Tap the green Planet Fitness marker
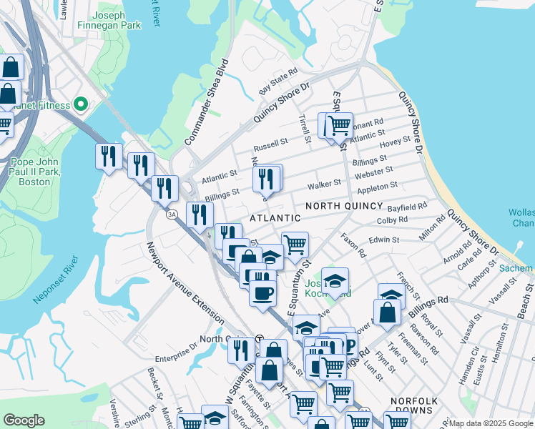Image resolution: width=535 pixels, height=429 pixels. pyautogui.click(x=80, y=106)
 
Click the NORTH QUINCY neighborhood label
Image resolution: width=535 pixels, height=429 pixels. pyautogui.click(x=345, y=206)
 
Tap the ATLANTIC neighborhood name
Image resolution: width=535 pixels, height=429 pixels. pyautogui.click(x=275, y=217)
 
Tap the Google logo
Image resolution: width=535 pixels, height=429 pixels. pyautogui.click(x=24, y=420)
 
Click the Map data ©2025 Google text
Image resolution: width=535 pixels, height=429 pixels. pyautogui.click(x=491, y=423)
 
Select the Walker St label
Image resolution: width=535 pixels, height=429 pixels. pyautogui.click(x=323, y=185)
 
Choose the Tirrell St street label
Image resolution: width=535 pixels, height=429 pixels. pyautogui.click(x=305, y=127)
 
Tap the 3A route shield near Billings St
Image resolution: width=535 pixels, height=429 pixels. pyautogui.click(x=171, y=214)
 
